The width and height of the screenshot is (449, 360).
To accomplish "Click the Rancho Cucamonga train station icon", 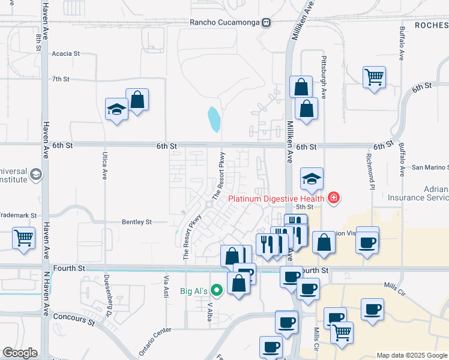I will click(266, 23).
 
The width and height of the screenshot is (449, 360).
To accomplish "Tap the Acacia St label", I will click(66, 53).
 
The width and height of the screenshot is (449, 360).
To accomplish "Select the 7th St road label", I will click(61, 79).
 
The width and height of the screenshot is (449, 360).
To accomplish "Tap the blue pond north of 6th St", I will click(214, 119).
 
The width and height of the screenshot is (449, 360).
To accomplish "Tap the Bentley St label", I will click(137, 222).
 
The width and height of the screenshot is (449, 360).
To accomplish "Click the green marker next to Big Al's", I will click(217, 292).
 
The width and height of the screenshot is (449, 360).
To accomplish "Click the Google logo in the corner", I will click(20, 352).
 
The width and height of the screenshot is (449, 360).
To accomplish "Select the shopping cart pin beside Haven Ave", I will click(23, 238).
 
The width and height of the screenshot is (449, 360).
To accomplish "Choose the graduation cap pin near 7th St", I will click(116, 110).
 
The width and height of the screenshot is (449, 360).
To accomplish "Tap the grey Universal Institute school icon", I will click(36, 174).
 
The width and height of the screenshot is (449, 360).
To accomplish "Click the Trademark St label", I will click(19, 214).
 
